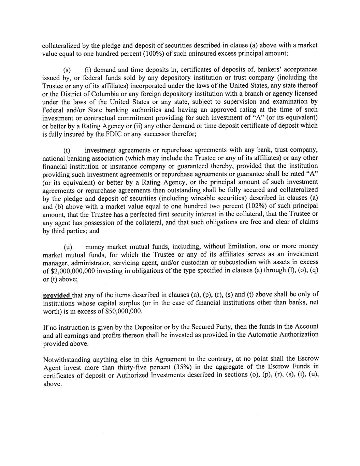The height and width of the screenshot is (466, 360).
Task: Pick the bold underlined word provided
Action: coord(57,295)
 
